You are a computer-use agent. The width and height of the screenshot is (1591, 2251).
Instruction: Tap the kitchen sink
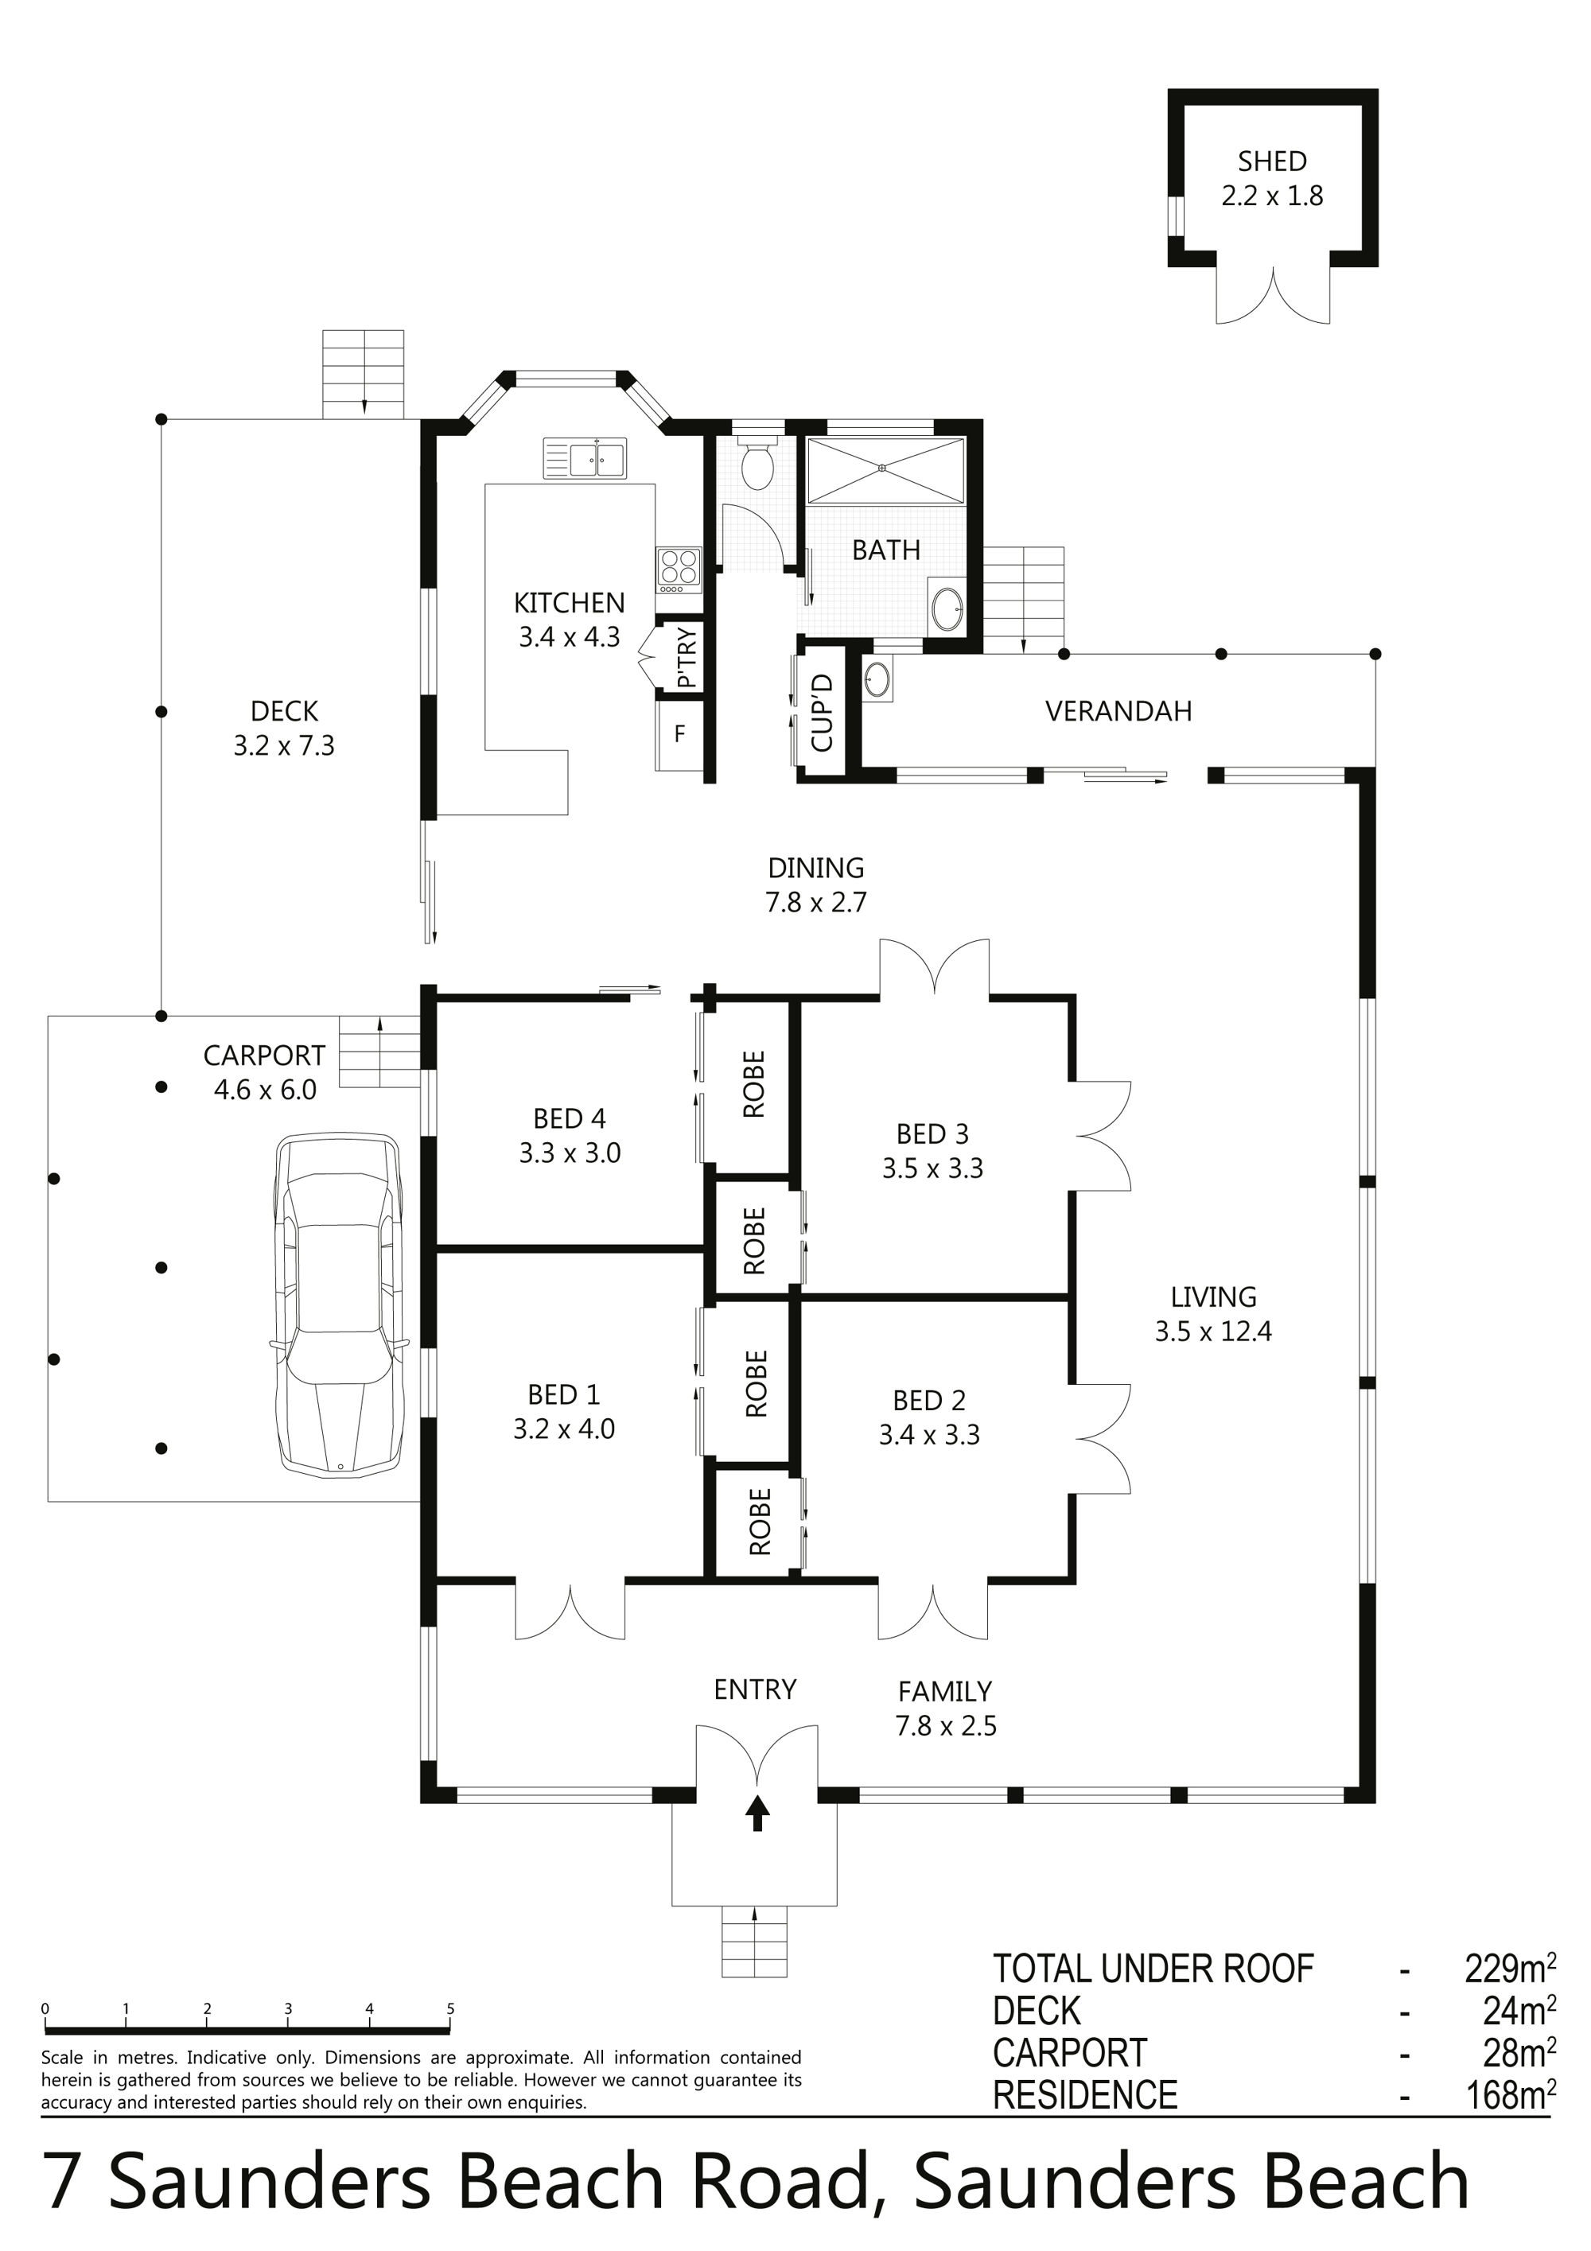(585, 459)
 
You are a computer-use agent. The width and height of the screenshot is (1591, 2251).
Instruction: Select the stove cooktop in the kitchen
(679, 570)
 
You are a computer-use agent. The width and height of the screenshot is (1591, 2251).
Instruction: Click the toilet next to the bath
(756, 463)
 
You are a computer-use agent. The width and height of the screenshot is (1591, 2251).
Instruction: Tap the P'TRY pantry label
(687, 657)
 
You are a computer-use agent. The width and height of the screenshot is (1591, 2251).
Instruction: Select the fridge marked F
(679, 733)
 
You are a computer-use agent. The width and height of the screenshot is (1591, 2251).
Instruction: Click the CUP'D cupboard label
(823, 713)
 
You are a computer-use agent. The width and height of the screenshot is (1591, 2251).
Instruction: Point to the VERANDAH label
(1118, 711)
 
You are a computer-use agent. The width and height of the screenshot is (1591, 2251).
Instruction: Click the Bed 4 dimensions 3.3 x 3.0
(570, 1153)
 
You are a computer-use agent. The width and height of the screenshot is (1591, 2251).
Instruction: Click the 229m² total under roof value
(1510, 1968)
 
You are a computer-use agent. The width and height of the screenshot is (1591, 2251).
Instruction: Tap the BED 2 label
(929, 1400)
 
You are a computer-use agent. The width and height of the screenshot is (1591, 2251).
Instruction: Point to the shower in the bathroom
(885, 472)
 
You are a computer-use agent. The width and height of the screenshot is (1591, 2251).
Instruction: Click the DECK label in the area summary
(1037, 2011)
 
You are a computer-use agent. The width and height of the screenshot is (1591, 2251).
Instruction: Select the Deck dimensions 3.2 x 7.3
(283, 746)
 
